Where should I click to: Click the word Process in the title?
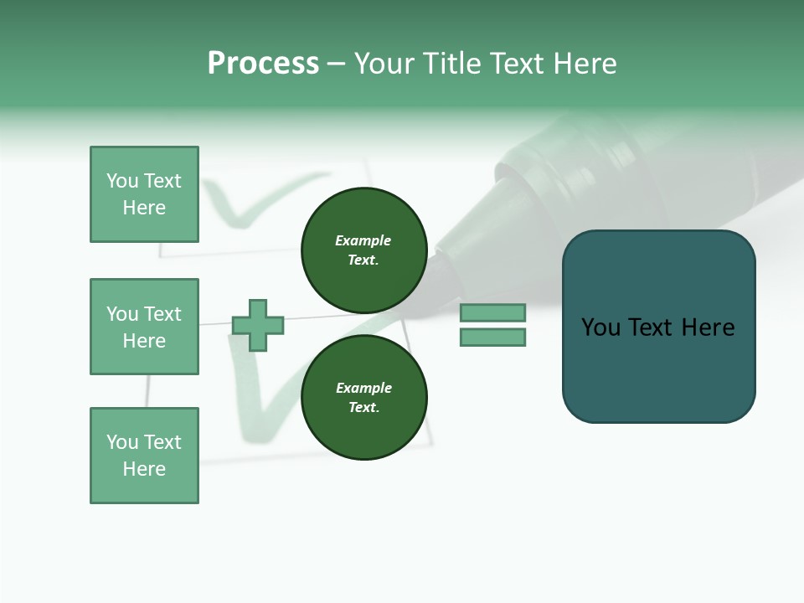(x=263, y=64)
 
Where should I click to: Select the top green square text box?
(x=144, y=194)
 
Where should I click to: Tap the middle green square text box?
(x=144, y=327)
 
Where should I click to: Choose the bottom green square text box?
(x=144, y=456)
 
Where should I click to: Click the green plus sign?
(x=258, y=325)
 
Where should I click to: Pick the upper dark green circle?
(x=363, y=250)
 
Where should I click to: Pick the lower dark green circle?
(x=363, y=398)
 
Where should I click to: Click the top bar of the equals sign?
(x=492, y=312)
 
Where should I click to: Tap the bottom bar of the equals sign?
(x=492, y=338)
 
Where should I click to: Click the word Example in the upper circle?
(x=363, y=240)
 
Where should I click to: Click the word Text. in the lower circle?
(x=363, y=408)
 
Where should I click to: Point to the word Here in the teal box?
(x=708, y=327)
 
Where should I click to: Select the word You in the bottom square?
(x=122, y=442)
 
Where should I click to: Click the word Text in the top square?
(x=162, y=181)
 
